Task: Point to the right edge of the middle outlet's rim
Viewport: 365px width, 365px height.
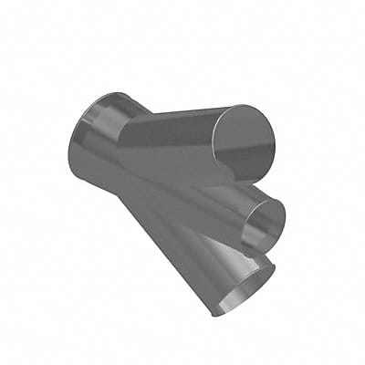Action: point(285,217)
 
